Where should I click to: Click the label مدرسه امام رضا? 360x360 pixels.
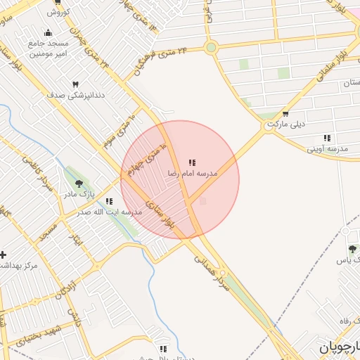pyautogui.click(x=192, y=173)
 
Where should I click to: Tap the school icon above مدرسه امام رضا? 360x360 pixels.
pyautogui.click(x=192, y=162)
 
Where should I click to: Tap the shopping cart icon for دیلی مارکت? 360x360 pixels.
pyautogui.click(x=285, y=114)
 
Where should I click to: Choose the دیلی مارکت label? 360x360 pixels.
pyautogui.click(x=285, y=124)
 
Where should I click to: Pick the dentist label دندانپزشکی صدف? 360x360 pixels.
pyautogui.click(x=76, y=94)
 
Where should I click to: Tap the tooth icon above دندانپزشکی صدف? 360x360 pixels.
pyautogui.click(x=75, y=84)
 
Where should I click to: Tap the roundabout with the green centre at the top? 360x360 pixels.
pyautogui.click(x=210, y=48)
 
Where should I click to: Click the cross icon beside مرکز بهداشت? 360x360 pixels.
pyautogui.click(x=4, y=255)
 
